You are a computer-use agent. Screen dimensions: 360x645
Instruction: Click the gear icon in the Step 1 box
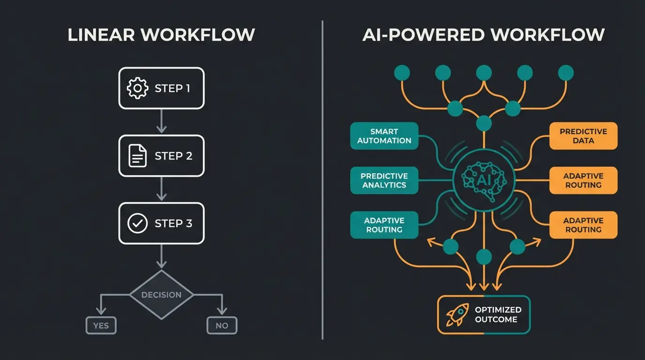pyautogui.click(x=137, y=89)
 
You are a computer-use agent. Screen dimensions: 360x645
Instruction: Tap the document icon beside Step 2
pyautogui.click(x=137, y=156)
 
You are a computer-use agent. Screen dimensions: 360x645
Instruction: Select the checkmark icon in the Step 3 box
pyautogui.click(x=137, y=224)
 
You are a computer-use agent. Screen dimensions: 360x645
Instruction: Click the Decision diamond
pyautogui.click(x=161, y=295)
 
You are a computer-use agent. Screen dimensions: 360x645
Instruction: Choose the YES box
pyautogui.click(x=101, y=325)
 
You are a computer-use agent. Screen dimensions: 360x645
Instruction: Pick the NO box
pyautogui.click(x=222, y=325)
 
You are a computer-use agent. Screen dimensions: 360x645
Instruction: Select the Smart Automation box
pyautogui.click(x=384, y=136)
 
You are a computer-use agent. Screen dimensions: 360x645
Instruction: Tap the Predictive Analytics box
pyautogui.click(x=384, y=180)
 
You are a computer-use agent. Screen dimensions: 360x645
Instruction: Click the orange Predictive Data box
pyautogui.click(x=583, y=136)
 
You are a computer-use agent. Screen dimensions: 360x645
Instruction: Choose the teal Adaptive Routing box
pyautogui.click(x=384, y=225)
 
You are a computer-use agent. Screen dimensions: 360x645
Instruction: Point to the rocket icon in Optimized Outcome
pyautogui.click(x=457, y=315)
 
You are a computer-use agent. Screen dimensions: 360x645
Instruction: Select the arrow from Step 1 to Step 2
pyautogui.click(x=161, y=122)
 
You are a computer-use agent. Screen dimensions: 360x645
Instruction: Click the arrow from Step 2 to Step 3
pyautogui.click(x=161, y=189)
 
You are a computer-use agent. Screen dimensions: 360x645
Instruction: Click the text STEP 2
pyautogui.click(x=173, y=156)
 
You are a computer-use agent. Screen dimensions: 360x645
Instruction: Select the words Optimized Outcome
pyautogui.click(x=498, y=315)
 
